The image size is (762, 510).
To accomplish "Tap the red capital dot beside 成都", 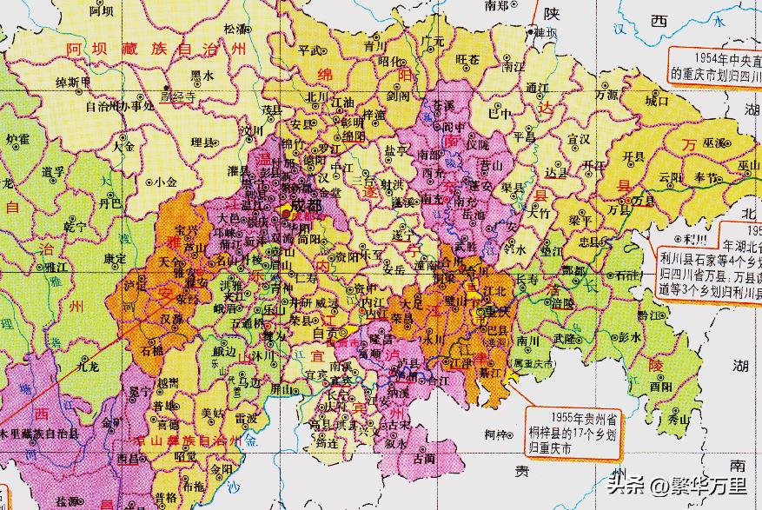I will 285,211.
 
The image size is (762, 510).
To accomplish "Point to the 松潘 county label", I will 236,29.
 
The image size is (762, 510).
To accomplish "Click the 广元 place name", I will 433,42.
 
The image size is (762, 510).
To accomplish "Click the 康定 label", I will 114,258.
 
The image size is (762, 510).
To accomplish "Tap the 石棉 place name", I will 151,351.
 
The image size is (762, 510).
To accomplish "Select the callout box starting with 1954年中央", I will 715,67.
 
